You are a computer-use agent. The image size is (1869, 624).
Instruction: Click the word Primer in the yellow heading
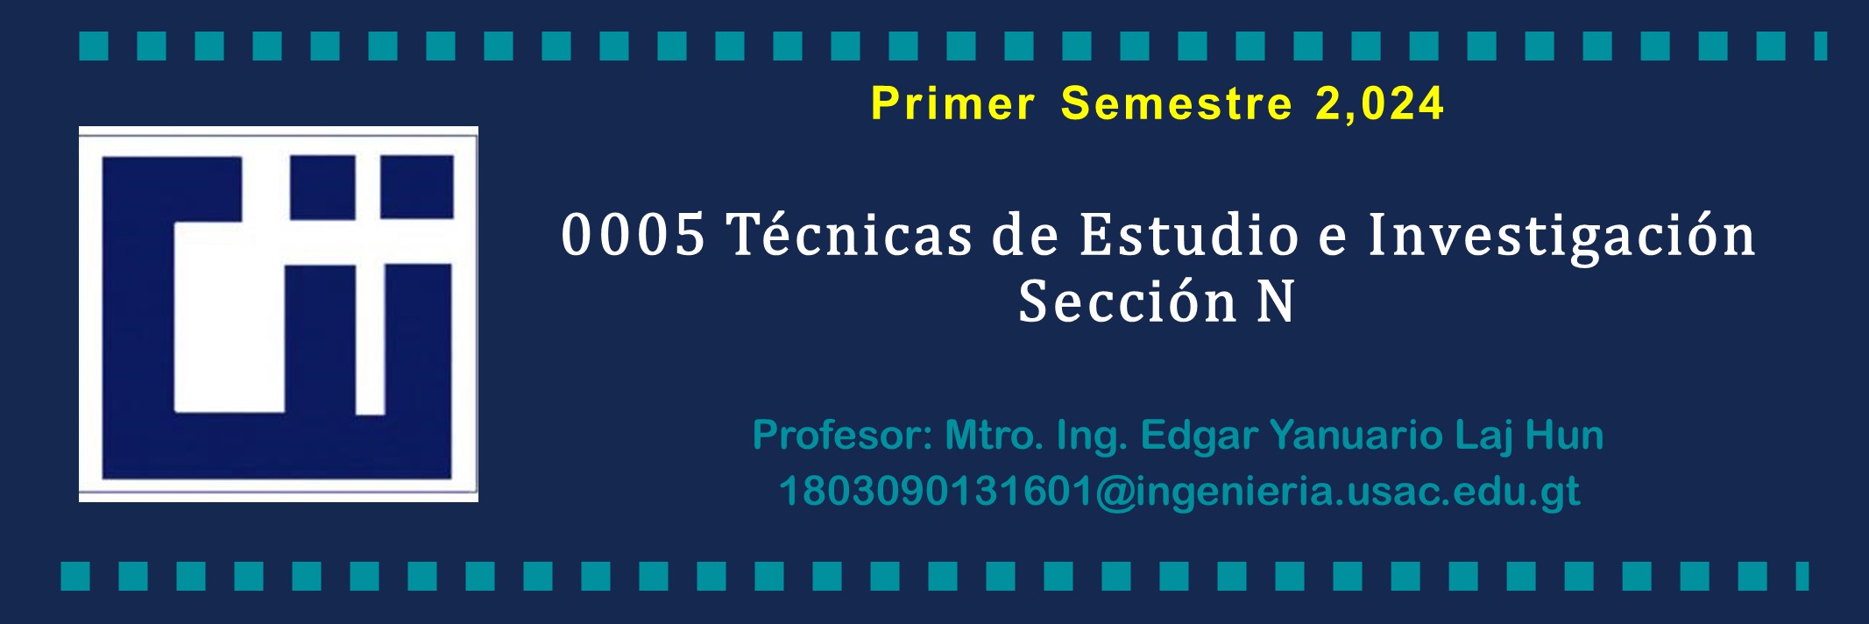[953, 103]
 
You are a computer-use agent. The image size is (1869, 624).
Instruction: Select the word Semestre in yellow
[1177, 103]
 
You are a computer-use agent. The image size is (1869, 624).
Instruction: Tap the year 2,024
[1379, 104]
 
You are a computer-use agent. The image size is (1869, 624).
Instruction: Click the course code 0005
[633, 235]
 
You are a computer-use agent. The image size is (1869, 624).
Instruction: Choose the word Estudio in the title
[1189, 234]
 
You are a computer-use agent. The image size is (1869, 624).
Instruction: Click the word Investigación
[1561, 237]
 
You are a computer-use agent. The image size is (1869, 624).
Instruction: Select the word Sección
[1128, 301]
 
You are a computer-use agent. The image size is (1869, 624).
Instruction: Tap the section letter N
[1276, 301]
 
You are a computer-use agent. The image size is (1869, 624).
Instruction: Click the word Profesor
[842, 435]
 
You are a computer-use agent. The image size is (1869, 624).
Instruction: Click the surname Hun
[1565, 435]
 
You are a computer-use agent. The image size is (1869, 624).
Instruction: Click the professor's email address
[1179, 492]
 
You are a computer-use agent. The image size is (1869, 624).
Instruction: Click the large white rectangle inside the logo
[230, 317]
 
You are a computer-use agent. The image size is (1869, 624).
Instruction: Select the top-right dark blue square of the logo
[416, 187]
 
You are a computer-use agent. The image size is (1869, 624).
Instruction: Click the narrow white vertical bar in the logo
[370, 338]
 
